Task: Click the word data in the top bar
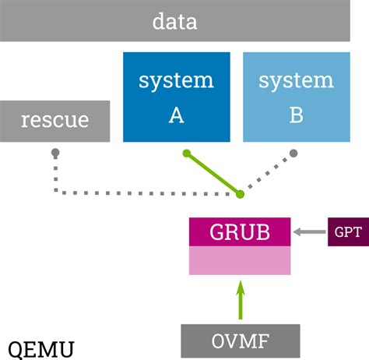(x=175, y=21)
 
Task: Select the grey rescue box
(x=54, y=121)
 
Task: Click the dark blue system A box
(x=177, y=97)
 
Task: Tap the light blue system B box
(x=297, y=97)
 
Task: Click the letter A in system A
(x=177, y=115)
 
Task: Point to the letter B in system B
(x=297, y=115)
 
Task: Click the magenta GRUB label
(x=240, y=231)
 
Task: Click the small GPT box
(x=347, y=231)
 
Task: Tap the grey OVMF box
(x=241, y=341)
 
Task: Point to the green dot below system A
(x=186, y=154)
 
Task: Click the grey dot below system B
(x=293, y=154)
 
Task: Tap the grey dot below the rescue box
(x=54, y=154)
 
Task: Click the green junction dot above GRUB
(x=240, y=193)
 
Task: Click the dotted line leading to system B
(x=269, y=172)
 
